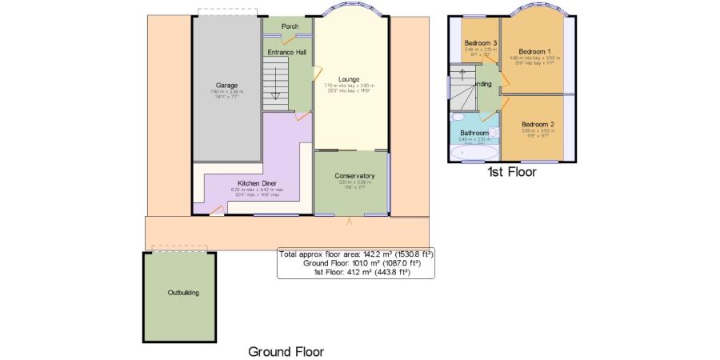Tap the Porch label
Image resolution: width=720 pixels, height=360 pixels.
[290, 26]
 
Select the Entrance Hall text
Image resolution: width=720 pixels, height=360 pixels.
[286, 53]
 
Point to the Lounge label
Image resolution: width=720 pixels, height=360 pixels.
[348, 78]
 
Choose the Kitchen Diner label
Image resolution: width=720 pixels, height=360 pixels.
[253, 182]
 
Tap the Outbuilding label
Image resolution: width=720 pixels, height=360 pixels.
[183, 293]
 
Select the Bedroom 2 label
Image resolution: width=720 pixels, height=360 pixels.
[538, 125]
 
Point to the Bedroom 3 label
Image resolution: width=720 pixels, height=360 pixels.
[482, 43]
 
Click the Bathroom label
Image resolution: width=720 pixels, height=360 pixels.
[474, 133]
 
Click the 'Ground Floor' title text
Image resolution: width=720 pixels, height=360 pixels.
[286, 351]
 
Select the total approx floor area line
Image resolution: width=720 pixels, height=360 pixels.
[356, 254]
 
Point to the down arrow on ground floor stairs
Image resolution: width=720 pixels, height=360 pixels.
[275, 94]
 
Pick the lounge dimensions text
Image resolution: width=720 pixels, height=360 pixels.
[349, 87]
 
